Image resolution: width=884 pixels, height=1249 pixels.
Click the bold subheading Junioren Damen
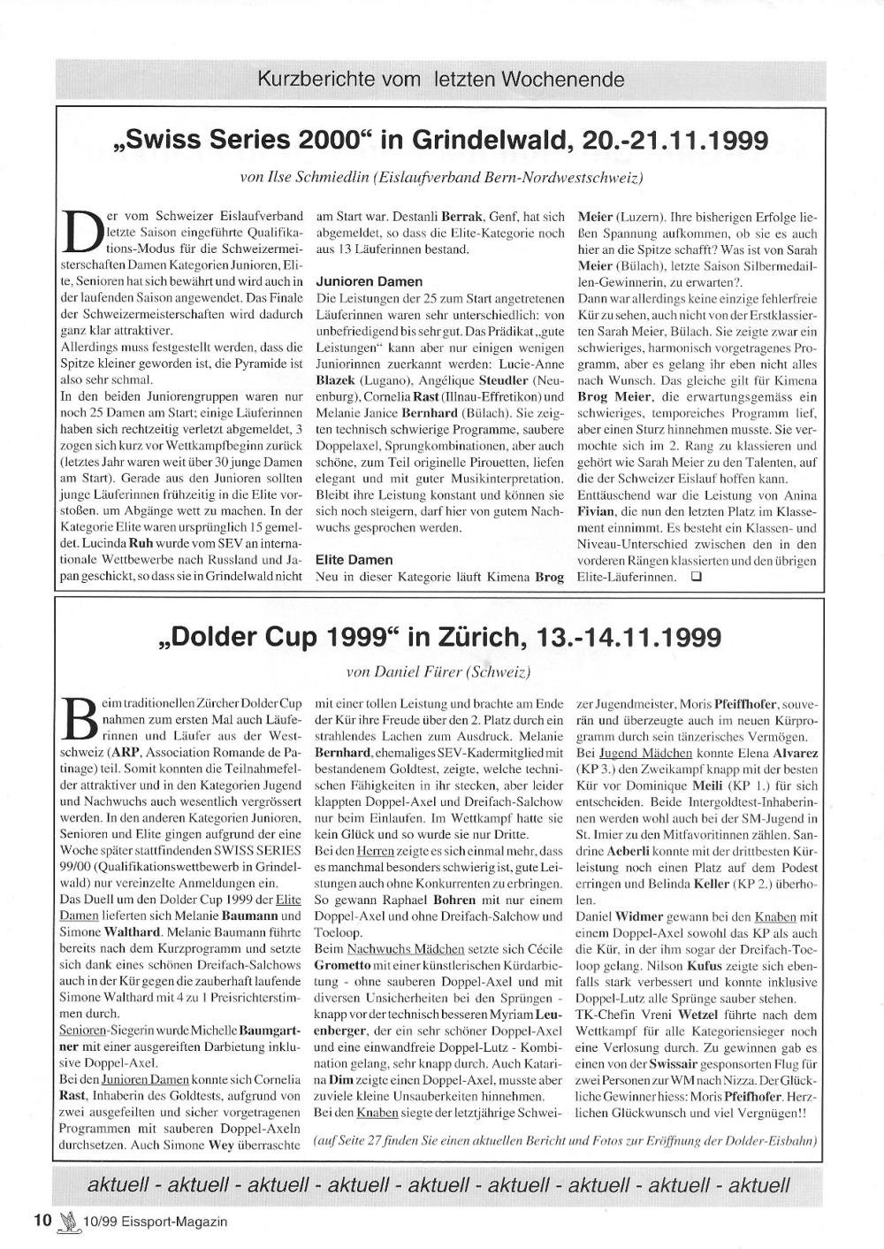pos(356,280)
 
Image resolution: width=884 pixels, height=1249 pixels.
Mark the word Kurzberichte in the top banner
pos(309,80)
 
